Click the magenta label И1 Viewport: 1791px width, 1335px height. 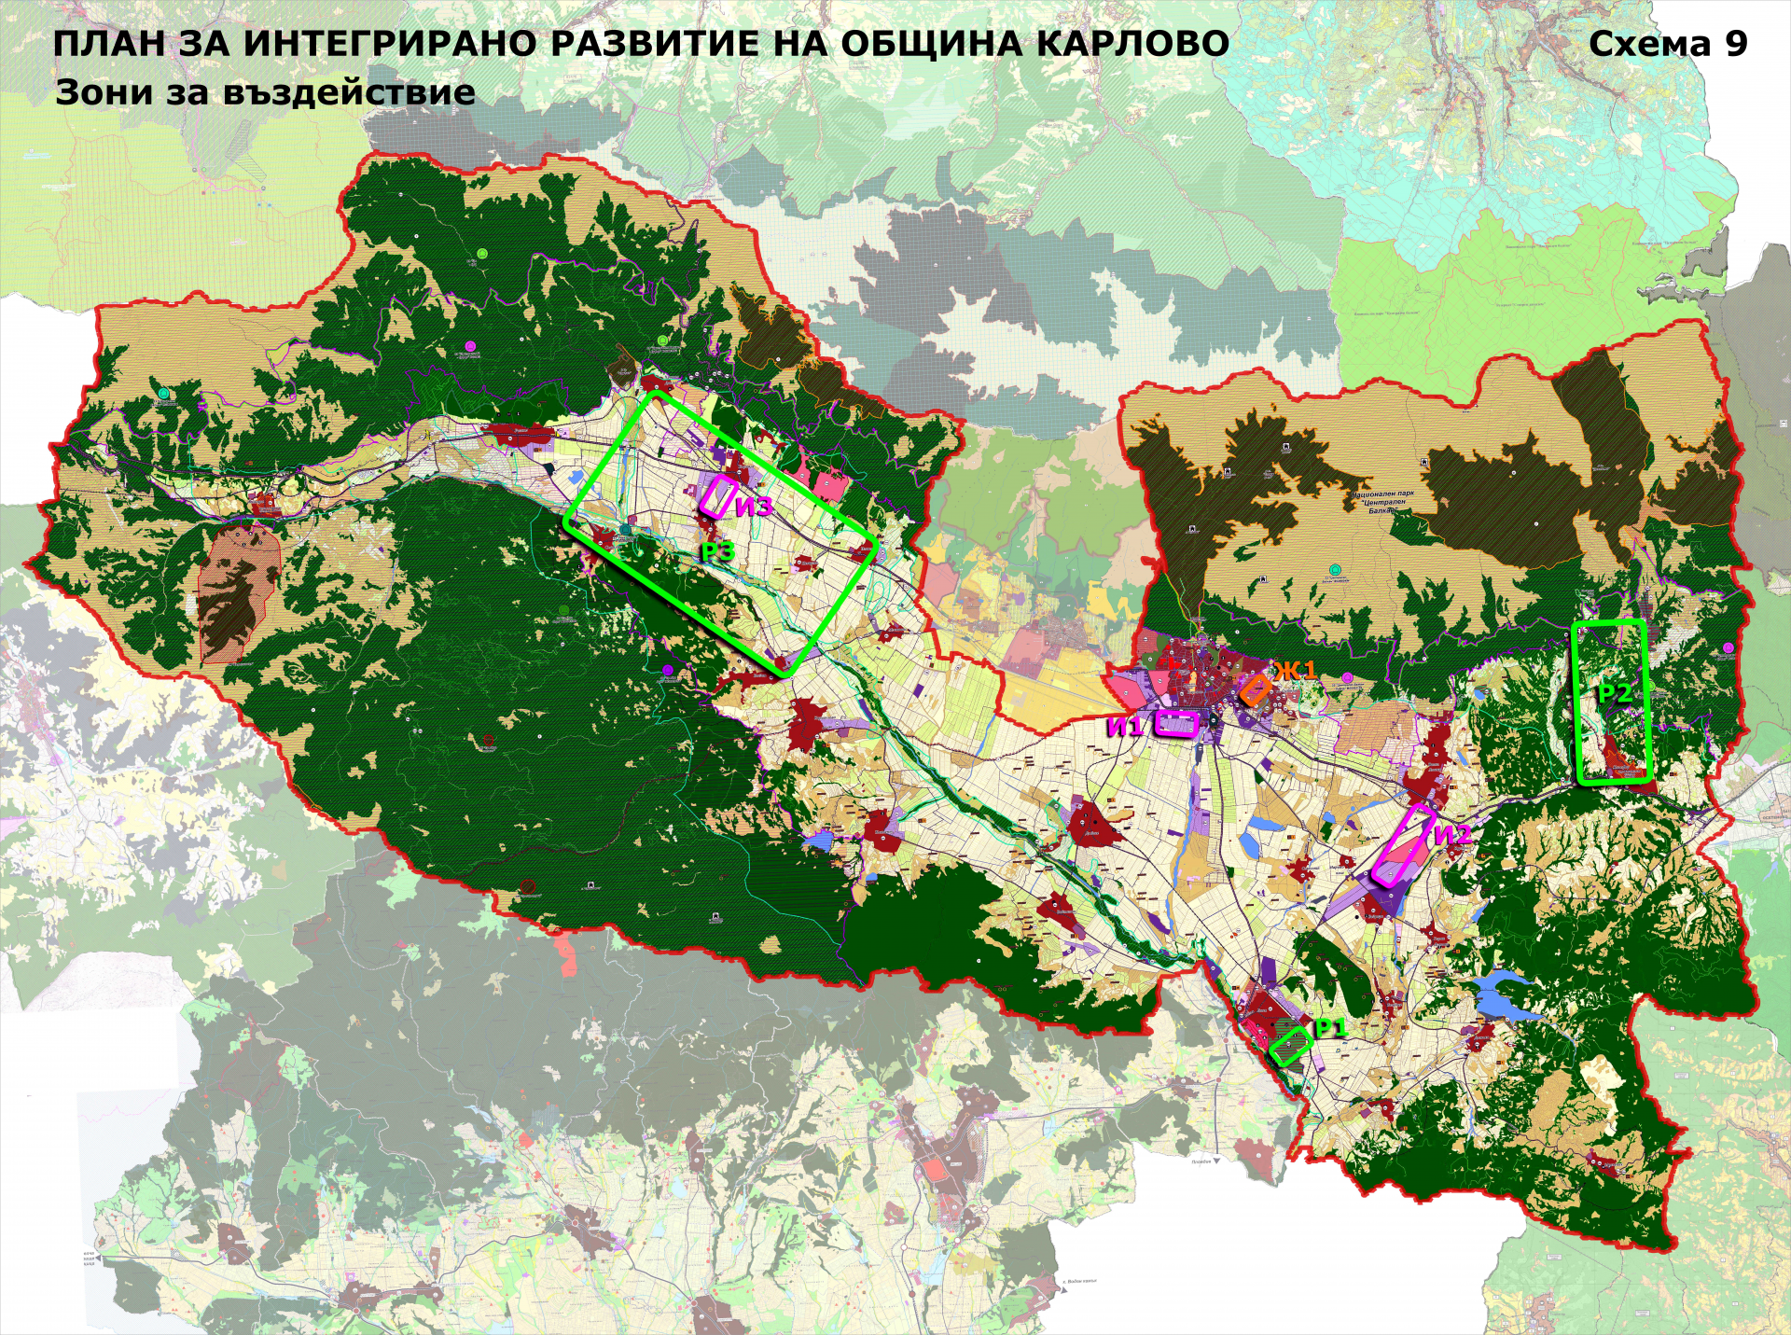point(1124,727)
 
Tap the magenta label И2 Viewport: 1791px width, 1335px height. point(1451,834)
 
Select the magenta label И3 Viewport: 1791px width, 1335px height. point(754,507)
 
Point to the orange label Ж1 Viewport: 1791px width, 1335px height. point(1296,670)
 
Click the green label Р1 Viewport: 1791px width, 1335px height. point(1330,1028)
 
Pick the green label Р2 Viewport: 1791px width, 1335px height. point(1615,692)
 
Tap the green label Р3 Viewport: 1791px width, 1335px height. point(718,552)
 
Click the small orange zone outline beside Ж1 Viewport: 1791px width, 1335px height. point(1255,690)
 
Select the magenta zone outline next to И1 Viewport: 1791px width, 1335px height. point(1176,724)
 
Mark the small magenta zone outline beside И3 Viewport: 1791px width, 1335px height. point(719,496)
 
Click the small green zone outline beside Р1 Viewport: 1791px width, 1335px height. point(1291,1047)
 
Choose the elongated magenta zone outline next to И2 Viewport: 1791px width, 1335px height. point(1403,847)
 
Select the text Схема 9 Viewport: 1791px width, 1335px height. point(1668,44)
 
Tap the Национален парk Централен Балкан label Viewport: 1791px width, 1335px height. point(1384,502)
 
